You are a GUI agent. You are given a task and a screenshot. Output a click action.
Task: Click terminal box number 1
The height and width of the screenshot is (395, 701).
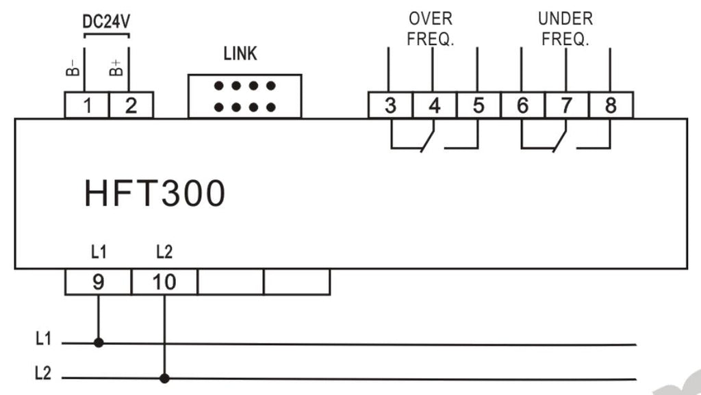click(x=87, y=105)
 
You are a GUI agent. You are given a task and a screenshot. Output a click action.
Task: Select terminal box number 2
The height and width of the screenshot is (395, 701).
click(x=131, y=105)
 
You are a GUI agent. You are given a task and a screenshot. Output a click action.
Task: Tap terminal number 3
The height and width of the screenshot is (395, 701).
click(x=390, y=105)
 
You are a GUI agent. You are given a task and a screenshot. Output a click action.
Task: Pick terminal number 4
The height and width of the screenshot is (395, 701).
click(x=434, y=105)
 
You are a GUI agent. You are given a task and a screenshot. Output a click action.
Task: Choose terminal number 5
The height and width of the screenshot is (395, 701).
click(x=479, y=105)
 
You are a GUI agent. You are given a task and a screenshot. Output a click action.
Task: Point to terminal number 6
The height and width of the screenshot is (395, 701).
click(x=522, y=105)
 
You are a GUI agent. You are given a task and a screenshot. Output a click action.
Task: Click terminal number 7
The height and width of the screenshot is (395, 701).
click(x=567, y=105)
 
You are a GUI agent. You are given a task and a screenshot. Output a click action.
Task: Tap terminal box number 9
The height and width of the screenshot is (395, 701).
click(x=99, y=282)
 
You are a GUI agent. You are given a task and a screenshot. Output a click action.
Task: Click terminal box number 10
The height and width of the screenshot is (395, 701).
click(x=164, y=282)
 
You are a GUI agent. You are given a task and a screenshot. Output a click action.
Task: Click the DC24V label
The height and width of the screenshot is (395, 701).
click(x=106, y=21)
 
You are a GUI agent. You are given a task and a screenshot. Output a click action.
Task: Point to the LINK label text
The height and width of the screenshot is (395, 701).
click(x=240, y=53)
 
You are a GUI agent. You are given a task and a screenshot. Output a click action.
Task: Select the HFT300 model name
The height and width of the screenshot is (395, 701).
click(x=155, y=193)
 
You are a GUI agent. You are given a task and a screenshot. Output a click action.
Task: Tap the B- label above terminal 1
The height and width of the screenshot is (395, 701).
click(x=73, y=68)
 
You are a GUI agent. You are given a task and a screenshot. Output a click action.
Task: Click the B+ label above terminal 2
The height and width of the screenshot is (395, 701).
click(x=116, y=68)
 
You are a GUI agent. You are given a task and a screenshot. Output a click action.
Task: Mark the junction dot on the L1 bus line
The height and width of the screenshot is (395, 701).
click(x=99, y=343)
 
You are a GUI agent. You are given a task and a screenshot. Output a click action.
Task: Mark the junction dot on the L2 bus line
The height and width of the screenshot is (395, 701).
click(x=164, y=378)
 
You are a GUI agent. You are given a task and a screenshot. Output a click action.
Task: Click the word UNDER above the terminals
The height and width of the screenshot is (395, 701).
click(x=565, y=18)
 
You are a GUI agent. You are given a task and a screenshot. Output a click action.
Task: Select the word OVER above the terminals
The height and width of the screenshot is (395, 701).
click(x=431, y=18)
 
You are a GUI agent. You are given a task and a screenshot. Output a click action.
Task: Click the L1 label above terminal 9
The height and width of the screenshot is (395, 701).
click(x=99, y=252)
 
